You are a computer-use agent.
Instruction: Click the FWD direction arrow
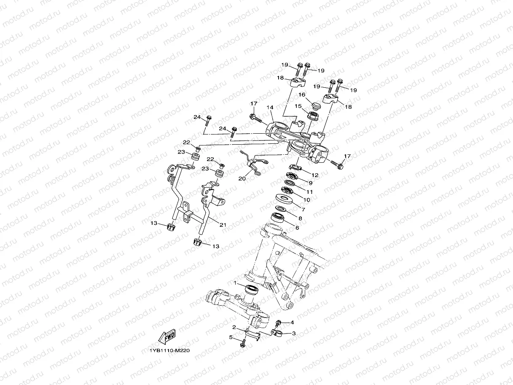[x=167, y=337]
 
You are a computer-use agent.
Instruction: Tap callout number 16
[x=302, y=95]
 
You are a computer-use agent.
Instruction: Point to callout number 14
[x=270, y=108]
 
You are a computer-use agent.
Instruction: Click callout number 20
[x=242, y=178]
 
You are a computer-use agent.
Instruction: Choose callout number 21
[x=223, y=225]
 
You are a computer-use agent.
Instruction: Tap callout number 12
[x=315, y=175]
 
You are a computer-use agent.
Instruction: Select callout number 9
[x=310, y=183]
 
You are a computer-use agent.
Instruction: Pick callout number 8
[x=300, y=218]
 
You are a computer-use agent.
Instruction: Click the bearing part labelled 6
[x=277, y=218]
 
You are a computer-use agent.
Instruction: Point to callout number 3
[x=293, y=333]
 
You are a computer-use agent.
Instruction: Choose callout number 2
[x=234, y=327]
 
